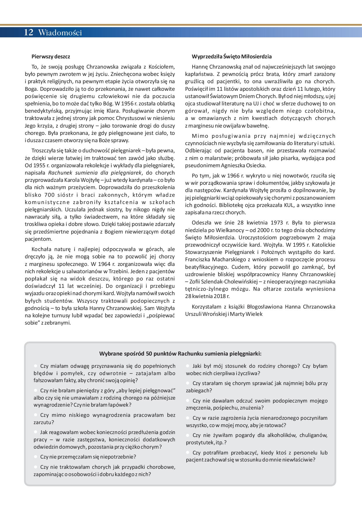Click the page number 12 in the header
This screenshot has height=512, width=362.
point(29,32)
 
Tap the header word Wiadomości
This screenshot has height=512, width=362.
point(60,33)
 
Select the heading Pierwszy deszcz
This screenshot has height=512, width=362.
point(51,56)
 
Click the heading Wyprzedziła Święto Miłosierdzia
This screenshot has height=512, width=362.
point(232,56)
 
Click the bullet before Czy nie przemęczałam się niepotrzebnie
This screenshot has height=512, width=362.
point(36,457)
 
